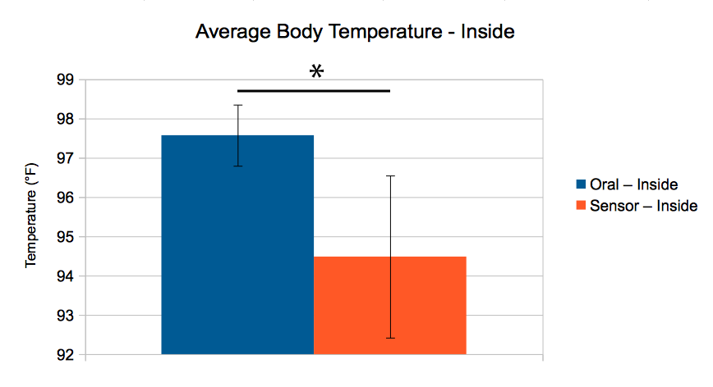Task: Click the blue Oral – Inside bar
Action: [x=237, y=246]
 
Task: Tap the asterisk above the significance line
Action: [x=316, y=73]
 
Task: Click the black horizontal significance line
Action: [x=313, y=90]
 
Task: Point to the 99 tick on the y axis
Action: [x=64, y=80]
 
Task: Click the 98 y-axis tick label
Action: [x=64, y=120]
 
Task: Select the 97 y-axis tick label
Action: [x=64, y=159]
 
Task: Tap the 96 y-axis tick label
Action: [x=64, y=198]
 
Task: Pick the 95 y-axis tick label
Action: [x=64, y=238]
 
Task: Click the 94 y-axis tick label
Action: [x=64, y=277]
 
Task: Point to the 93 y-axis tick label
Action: [x=64, y=316]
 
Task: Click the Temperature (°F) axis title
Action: [x=31, y=217]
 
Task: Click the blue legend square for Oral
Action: [x=581, y=185]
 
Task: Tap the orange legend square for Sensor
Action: [x=581, y=206]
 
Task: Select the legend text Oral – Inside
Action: [x=633, y=185]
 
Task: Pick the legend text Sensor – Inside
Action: [x=643, y=206]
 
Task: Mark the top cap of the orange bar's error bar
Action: [x=390, y=175]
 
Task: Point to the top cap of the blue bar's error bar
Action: [x=238, y=105]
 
